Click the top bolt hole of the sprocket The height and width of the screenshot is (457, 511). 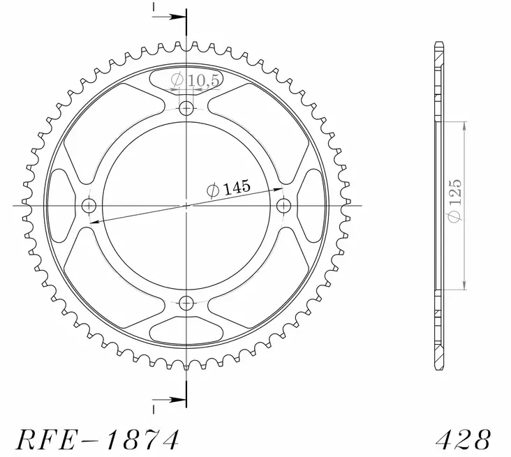[186, 108]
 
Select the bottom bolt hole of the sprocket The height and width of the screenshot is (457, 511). [186, 303]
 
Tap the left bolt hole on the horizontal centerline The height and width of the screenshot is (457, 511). [89, 205]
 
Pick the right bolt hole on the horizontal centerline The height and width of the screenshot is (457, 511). [284, 205]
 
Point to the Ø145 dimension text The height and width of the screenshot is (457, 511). [228, 188]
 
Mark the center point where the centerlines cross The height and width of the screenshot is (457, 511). [186, 205]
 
